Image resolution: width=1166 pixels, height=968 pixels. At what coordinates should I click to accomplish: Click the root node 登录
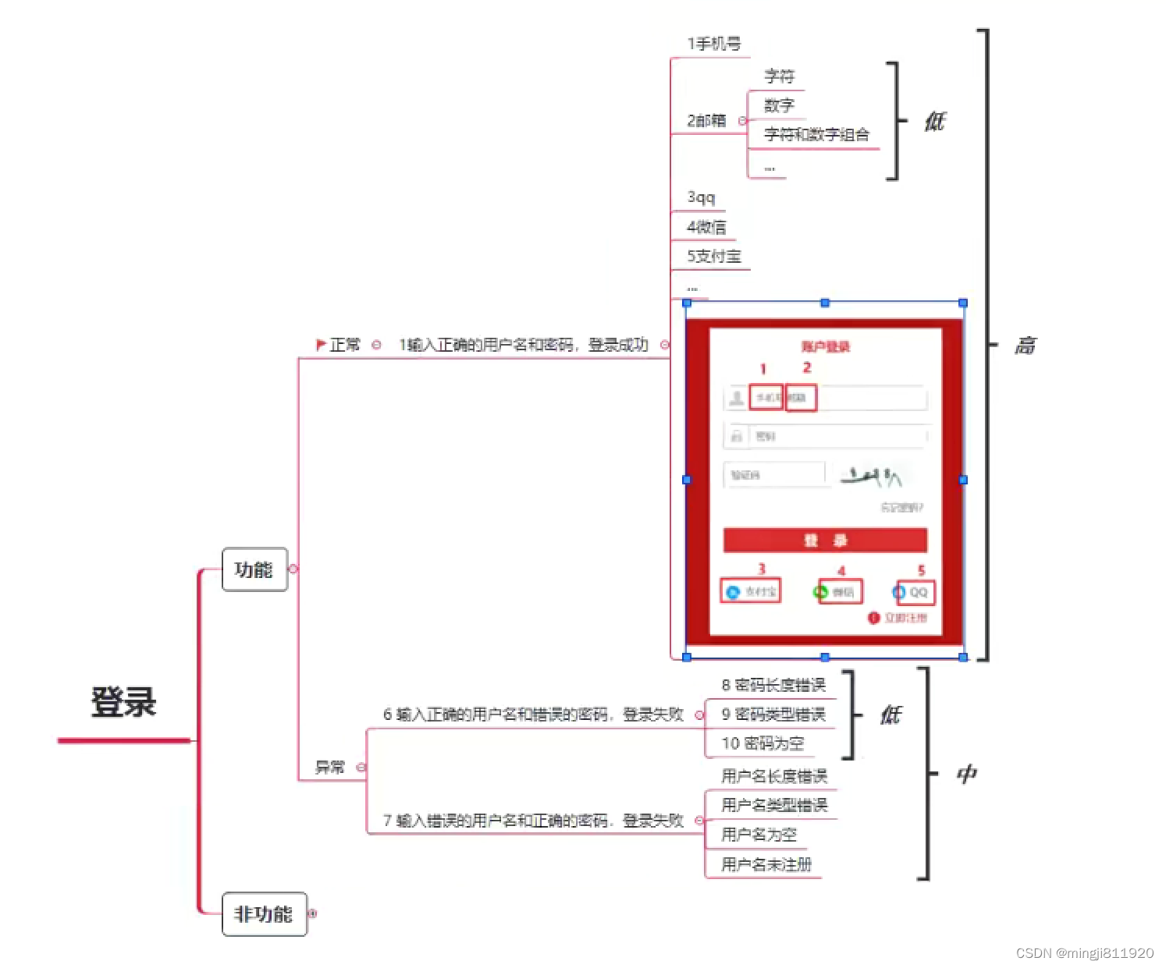click(123, 702)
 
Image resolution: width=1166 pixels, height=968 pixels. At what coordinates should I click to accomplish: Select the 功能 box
click(254, 569)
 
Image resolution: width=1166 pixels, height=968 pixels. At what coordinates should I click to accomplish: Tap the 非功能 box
click(264, 913)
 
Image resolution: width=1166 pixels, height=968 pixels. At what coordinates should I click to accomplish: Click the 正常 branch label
click(344, 345)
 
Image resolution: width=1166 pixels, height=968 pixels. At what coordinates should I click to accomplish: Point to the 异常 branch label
click(329, 768)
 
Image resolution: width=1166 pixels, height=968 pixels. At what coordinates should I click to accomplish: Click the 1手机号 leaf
click(713, 44)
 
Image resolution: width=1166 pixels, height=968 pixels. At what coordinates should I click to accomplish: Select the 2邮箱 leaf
click(706, 121)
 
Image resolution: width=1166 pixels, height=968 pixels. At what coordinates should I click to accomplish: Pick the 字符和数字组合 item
click(816, 134)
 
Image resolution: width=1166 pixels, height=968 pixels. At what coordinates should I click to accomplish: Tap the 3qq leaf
click(701, 197)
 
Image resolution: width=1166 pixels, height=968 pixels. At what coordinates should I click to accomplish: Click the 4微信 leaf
click(706, 227)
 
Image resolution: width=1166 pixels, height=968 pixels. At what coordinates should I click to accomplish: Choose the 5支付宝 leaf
click(713, 256)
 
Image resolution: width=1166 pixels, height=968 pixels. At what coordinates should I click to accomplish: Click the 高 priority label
click(1025, 346)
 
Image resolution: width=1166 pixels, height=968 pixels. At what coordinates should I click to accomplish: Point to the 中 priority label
click(966, 774)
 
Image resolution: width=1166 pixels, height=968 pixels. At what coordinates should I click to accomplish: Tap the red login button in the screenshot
click(825, 540)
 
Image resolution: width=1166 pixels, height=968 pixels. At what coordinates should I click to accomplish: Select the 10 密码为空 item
click(763, 743)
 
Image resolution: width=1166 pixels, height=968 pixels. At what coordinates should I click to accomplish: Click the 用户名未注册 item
click(766, 864)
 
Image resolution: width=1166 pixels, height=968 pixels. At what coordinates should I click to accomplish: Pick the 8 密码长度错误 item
click(773, 685)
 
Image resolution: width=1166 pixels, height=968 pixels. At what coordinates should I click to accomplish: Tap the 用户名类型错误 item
click(774, 805)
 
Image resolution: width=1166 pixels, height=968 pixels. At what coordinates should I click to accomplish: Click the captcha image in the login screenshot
click(872, 475)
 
